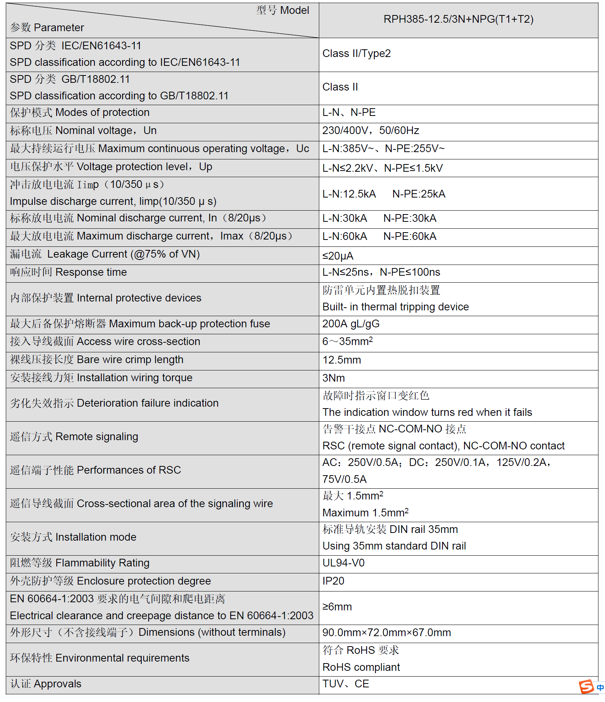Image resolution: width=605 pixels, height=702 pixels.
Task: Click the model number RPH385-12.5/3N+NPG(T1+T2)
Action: (x=458, y=19)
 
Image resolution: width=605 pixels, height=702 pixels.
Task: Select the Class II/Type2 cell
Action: (x=356, y=54)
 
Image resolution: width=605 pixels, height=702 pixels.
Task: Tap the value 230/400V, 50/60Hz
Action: (x=370, y=131)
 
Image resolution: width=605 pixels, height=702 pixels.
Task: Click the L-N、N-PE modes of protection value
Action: (x=349, y=112)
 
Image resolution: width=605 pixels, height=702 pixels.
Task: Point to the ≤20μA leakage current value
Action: (x=338, y=256)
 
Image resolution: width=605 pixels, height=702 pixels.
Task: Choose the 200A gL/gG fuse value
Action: (x=351, y=324)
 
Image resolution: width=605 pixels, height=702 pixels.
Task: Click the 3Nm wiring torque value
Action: (x=334, y=378)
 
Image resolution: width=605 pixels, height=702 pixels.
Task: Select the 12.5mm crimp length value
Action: (x=342, y=360)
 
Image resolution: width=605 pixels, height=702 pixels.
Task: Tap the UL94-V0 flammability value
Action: (x=343, y=563)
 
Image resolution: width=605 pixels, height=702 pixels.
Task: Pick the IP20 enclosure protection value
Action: (x=333, y=581)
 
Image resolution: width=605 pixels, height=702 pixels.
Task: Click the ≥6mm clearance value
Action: (x=337, y=607)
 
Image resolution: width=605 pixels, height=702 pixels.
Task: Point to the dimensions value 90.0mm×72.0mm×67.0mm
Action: (x=386, y=633)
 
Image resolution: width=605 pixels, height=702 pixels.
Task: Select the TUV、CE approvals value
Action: (x=345, y=684)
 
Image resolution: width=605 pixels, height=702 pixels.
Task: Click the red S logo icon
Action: (x=586, y=686)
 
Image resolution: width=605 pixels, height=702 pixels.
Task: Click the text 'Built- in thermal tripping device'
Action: (x=396, y=307)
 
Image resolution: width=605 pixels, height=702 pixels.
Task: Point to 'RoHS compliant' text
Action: (x=361, y=667)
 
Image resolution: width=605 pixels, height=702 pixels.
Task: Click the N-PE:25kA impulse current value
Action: (x=419, y=194)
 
